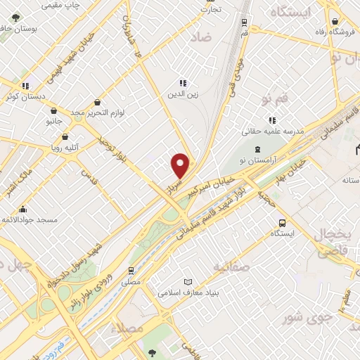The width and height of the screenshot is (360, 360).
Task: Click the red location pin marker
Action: point(181,165)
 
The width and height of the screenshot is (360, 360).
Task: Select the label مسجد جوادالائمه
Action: point(28,220)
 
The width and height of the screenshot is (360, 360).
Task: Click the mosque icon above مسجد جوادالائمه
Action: point(22,209)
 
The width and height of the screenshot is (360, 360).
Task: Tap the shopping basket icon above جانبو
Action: point(54,110)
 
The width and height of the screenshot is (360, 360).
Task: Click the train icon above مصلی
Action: point(131,270)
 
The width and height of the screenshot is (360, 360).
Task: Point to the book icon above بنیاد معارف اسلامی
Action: point(187,281)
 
